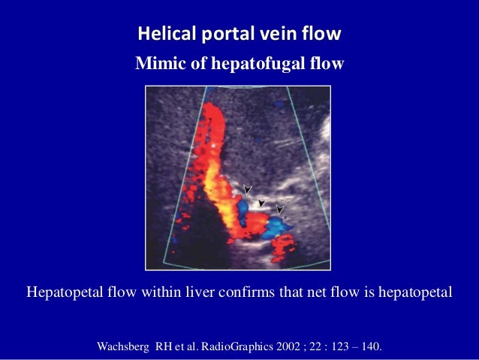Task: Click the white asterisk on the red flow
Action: click(214, 144)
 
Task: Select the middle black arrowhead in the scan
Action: click(262, 202)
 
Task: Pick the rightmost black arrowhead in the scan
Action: click(280, 209)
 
